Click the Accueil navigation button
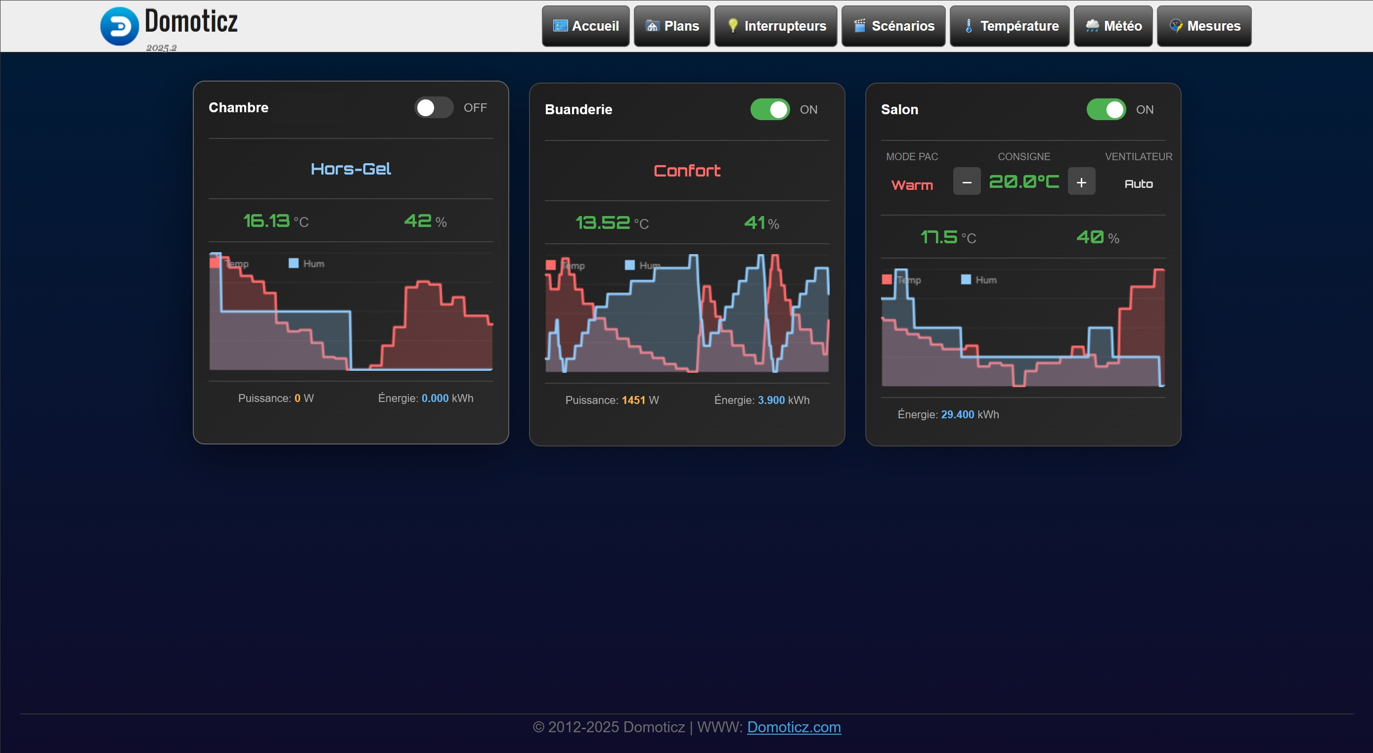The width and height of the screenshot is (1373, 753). point(585,26)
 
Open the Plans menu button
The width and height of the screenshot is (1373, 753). point(671,26)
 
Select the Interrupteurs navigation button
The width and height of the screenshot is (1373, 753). point(776,26)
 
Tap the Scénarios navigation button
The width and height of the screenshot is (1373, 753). point(893,26)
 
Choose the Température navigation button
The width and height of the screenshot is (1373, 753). point(1010,26)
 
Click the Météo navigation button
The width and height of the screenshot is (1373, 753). point(1113,26)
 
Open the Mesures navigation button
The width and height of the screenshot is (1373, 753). point(1204,26)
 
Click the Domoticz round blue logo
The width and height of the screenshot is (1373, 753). point(119,26)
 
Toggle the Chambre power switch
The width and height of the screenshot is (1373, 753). point(434,108)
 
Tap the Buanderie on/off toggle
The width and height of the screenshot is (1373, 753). point(770,110)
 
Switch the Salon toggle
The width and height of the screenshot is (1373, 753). point(1106,110)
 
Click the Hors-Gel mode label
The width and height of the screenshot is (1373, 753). point(351,169)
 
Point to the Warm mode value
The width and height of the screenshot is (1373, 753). point(912,185)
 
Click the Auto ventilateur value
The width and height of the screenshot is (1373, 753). point(1139,184)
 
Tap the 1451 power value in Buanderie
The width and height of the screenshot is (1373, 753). point(633,400)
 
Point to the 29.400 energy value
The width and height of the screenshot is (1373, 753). point(957,415)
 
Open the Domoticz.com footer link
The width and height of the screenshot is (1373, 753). point(794,727)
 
